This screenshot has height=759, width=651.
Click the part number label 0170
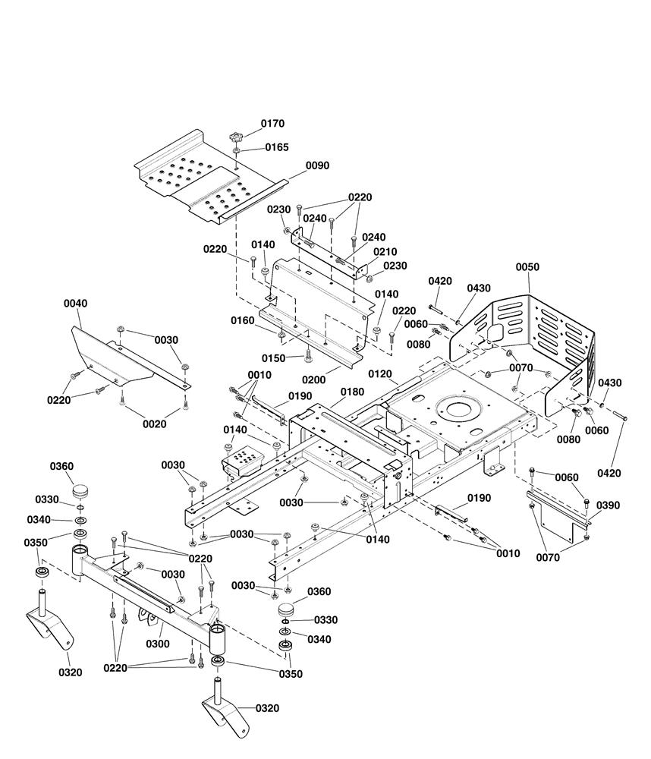[x=273, y=123]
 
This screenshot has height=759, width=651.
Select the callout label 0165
[x=277, y=147]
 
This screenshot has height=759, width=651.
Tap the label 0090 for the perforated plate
[x=317, y=165]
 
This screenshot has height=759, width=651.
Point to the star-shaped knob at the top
[x=236, y=138]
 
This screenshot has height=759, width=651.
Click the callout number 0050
[x=528, y=267]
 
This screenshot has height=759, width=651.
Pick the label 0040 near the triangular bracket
[x=75, y=304]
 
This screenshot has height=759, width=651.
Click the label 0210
[x=385, y=252]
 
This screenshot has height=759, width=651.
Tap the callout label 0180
[x=352, y=392]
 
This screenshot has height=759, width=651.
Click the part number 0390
[x=608, y=505]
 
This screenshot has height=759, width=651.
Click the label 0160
[x=243, y=320]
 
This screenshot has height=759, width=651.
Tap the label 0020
[x=154, y=424]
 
